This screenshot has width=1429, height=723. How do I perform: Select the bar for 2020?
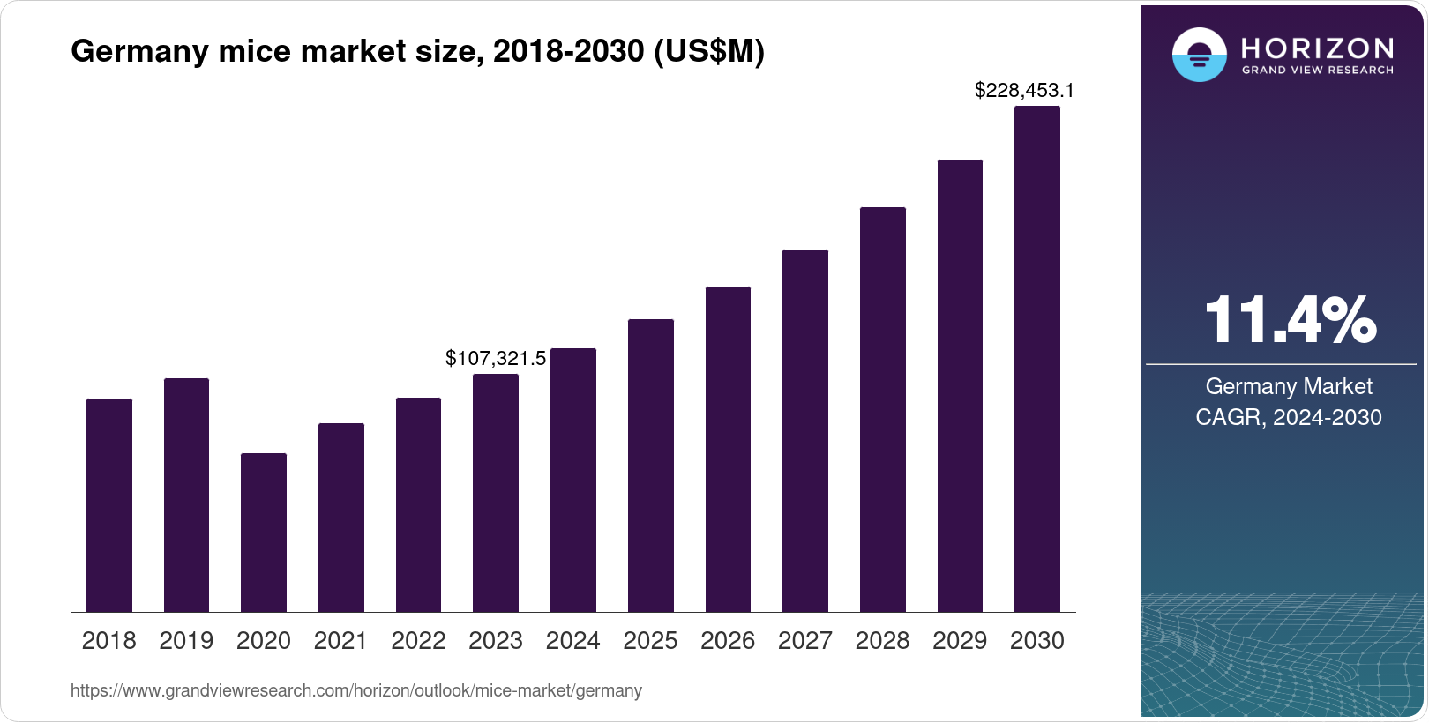coord(263,533)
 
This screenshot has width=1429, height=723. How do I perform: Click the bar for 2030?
coord(1036,359)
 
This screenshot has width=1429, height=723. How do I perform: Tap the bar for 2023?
coord(495,493)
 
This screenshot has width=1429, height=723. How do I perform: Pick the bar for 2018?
coord(108,505)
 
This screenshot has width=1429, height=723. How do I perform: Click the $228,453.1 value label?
coord(1023,90)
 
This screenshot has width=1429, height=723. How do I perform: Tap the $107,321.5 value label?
coord(495,358)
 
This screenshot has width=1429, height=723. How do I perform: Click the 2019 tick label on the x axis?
coord(186,641)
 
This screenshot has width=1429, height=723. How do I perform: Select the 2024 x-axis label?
coord(572,641)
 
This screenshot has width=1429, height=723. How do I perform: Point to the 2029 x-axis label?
coord(959,641)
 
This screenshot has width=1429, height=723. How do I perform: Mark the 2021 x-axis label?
coord(340,641)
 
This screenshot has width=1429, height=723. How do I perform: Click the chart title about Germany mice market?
coord(417,51)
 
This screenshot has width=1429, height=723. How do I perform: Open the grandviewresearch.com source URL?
coord(355,690)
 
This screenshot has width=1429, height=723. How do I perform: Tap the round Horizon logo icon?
coord(1199,55)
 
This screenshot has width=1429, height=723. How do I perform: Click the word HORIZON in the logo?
coord(1317,48)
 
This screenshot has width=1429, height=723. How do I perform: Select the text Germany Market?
coord(1289,386)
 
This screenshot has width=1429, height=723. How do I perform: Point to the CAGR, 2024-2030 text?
coord(1289,417)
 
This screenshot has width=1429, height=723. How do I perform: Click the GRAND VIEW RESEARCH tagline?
coord(1317,70)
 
